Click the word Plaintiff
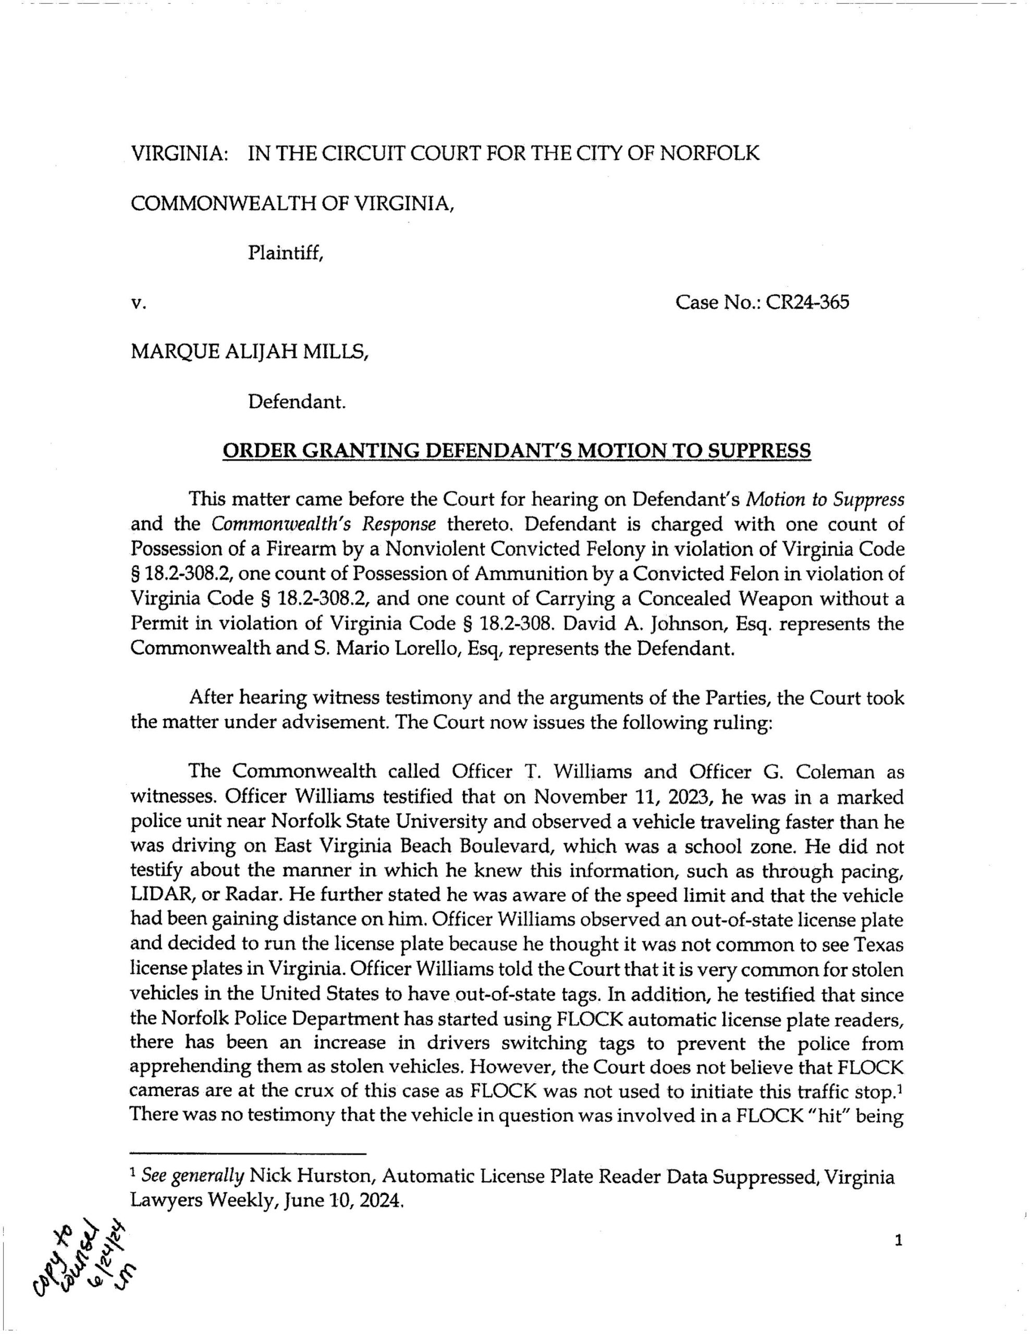point(285,252)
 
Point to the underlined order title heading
point(517,451)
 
